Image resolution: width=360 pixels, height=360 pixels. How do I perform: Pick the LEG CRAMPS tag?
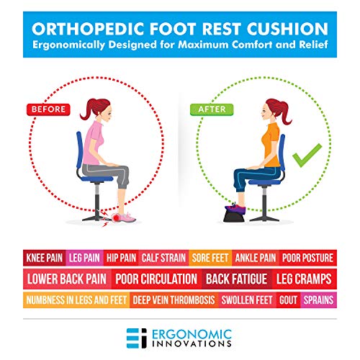[x=304, y=279]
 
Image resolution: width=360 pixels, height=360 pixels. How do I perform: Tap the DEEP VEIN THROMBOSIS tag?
[x=174, y=300]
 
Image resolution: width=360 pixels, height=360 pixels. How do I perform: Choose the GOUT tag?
[x=289, y=300]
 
